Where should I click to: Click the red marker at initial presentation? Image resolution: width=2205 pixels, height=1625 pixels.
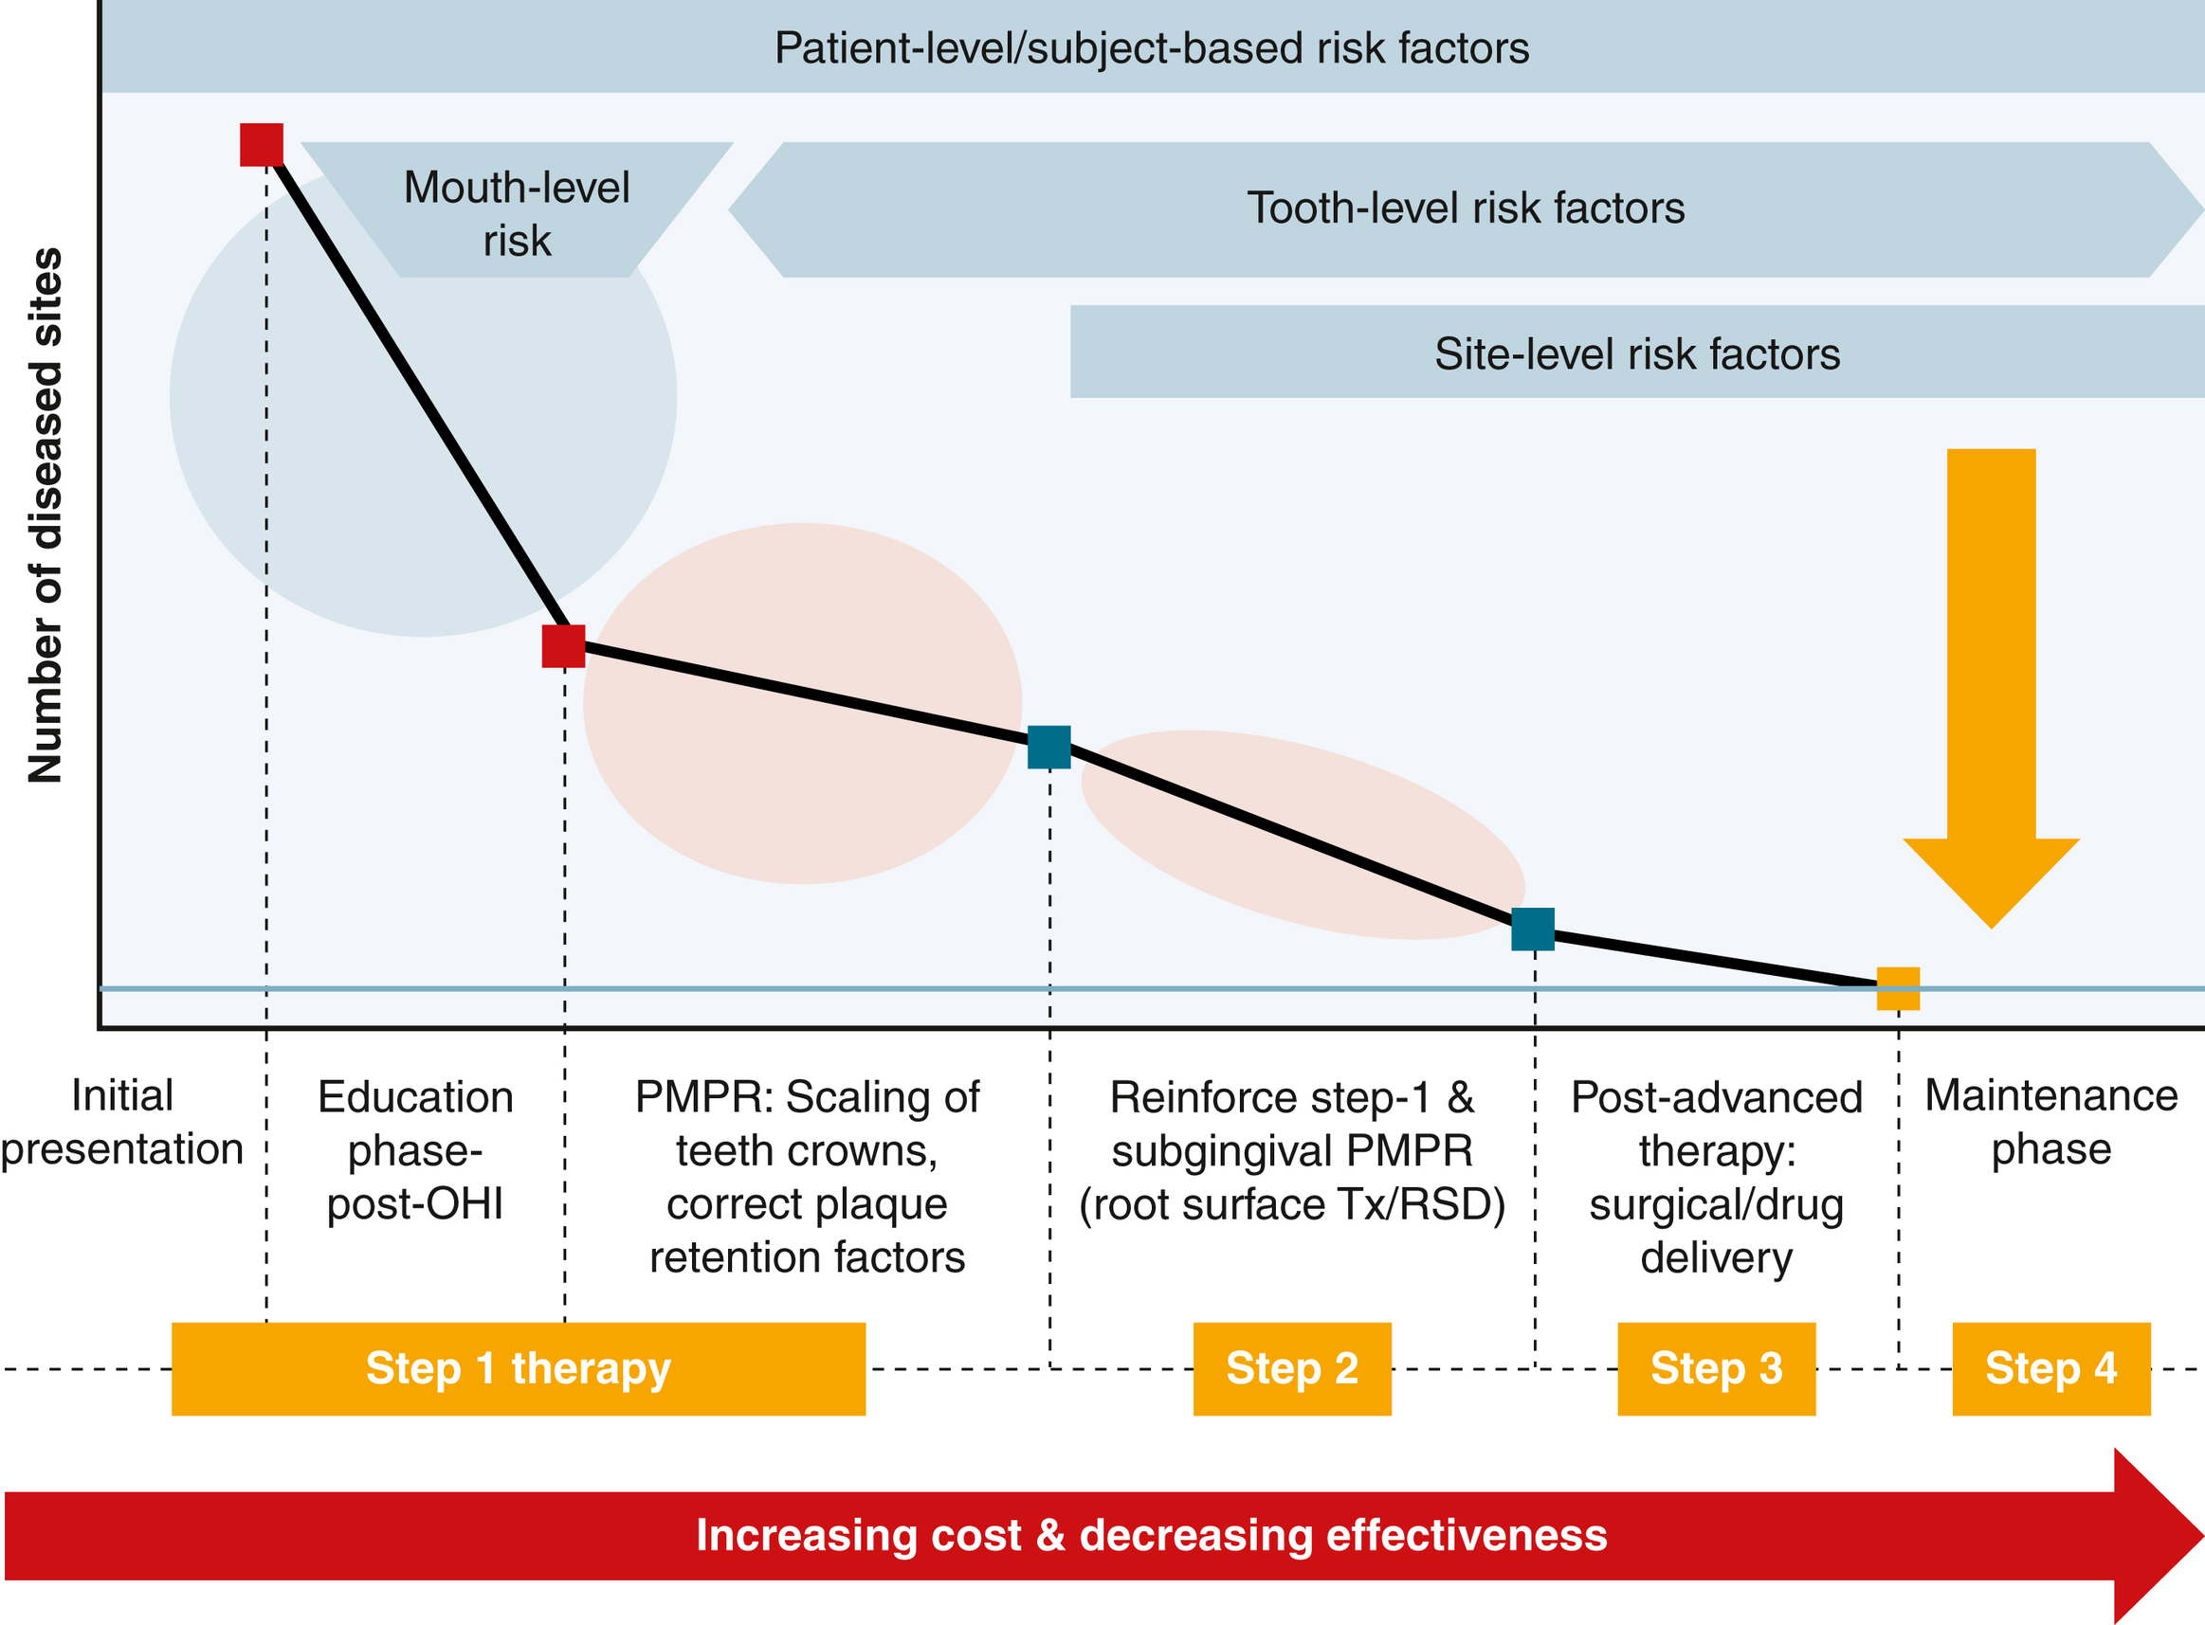point(262,145)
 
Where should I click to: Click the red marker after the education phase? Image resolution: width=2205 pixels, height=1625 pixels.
point(564,646)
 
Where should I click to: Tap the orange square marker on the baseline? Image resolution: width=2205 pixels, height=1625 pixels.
point(1898,988)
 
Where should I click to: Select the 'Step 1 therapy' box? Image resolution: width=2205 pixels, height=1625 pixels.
point(519,1368)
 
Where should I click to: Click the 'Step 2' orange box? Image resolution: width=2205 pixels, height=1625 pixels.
point(1292,1368)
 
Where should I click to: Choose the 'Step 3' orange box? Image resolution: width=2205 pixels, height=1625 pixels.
point(1716,1368)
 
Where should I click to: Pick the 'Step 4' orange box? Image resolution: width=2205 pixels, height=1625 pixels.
point(2050,1368)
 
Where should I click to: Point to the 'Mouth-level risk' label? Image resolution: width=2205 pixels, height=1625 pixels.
point(517,213)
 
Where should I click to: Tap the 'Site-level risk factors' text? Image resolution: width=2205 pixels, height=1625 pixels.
point(1636,354)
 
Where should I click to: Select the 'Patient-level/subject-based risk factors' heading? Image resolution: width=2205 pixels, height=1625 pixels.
point(1151,48)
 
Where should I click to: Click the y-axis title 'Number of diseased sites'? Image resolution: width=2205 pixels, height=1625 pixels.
point(46,515)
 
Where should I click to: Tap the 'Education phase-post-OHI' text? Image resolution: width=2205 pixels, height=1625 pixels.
point(415,1149)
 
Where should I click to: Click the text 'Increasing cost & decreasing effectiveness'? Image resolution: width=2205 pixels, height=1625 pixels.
point(1151,1536)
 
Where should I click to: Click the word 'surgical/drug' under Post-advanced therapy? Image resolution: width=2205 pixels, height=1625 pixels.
point(1716,1204)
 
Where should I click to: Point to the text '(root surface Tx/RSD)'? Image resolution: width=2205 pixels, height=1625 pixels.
point(1292,1204)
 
